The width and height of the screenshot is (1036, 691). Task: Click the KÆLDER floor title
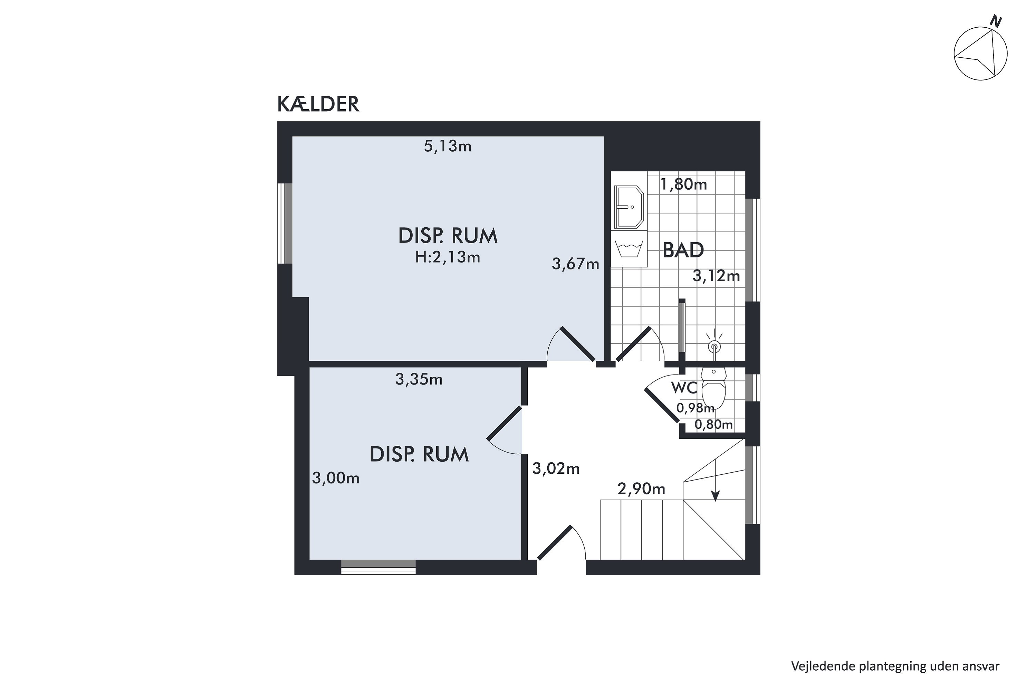318,104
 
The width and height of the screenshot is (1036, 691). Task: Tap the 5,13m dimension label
448,146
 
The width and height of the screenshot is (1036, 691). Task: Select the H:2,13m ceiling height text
448,257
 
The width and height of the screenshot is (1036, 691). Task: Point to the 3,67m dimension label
575,264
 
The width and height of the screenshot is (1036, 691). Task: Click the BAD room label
683,250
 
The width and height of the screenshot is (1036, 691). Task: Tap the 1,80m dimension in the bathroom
684,184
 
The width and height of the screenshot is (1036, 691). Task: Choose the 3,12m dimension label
716,276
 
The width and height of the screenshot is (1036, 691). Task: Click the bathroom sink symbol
629,207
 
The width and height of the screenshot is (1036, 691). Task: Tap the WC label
684,388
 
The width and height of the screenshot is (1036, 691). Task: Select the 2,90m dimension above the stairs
641,489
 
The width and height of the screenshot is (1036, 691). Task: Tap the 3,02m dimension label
556,468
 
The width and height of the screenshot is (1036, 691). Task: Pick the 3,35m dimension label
419,379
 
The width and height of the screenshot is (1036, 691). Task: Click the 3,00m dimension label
336,478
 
